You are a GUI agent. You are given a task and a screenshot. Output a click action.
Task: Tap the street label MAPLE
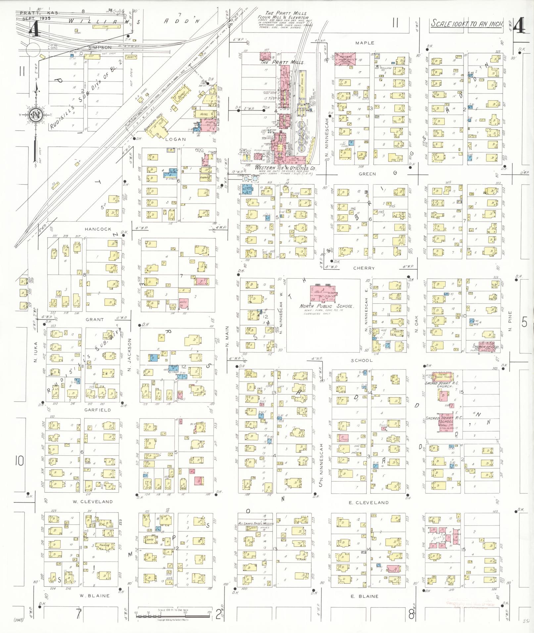tap(364, 43)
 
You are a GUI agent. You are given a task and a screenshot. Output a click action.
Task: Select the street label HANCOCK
tap(98, 229)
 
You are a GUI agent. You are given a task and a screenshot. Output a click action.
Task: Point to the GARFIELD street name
tap(97, 410)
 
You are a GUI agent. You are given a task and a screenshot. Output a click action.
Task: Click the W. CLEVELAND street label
tap(92, 502)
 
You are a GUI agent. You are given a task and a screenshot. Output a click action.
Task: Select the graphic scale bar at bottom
tap(172, 616)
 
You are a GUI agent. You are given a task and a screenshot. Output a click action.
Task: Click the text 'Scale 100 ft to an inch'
tap(467, 24)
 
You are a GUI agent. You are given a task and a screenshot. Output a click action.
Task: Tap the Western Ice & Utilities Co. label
tap(285, 168)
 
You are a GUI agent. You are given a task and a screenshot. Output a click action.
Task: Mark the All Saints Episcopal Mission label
tap(256, 524)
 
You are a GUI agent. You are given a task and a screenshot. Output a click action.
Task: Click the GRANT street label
tap(95, 320)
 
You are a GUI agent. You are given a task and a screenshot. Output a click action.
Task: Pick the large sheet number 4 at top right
tap(519, 26)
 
